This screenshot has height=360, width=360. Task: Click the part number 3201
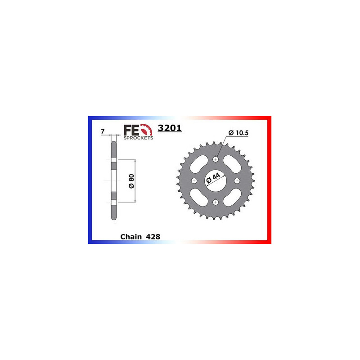(x=170, y=129)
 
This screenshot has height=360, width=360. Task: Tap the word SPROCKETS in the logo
(x=138, y=138)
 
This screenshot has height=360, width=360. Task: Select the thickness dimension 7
(x=103, y=132)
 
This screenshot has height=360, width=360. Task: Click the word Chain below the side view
(x=130, y=236)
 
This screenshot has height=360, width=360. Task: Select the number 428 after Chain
(x=153, y=236)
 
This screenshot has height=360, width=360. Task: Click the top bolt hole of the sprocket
(x=216, y=159)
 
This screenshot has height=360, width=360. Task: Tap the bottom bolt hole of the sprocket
(x=216, y=202)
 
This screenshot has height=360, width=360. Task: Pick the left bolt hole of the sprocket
(x=194, y=180)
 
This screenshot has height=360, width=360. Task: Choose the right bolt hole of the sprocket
(x=238, y=180)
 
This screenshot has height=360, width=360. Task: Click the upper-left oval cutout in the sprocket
(x=200, y=165)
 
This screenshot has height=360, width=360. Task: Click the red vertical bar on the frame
(x=270, y=180)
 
